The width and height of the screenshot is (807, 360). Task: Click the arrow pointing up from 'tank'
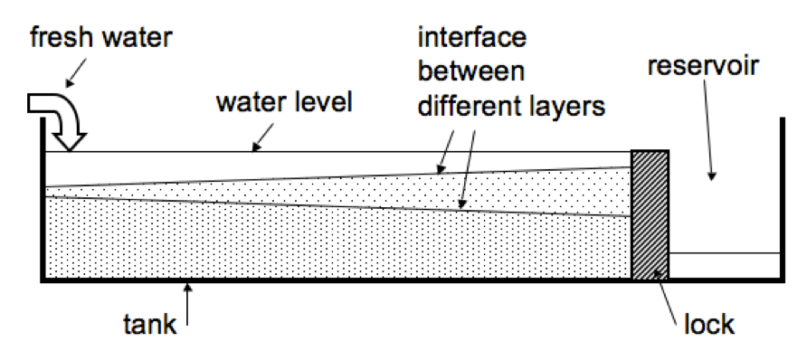[x=187, y=304]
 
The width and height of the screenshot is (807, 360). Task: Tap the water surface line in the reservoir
[x=724, y=254]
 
